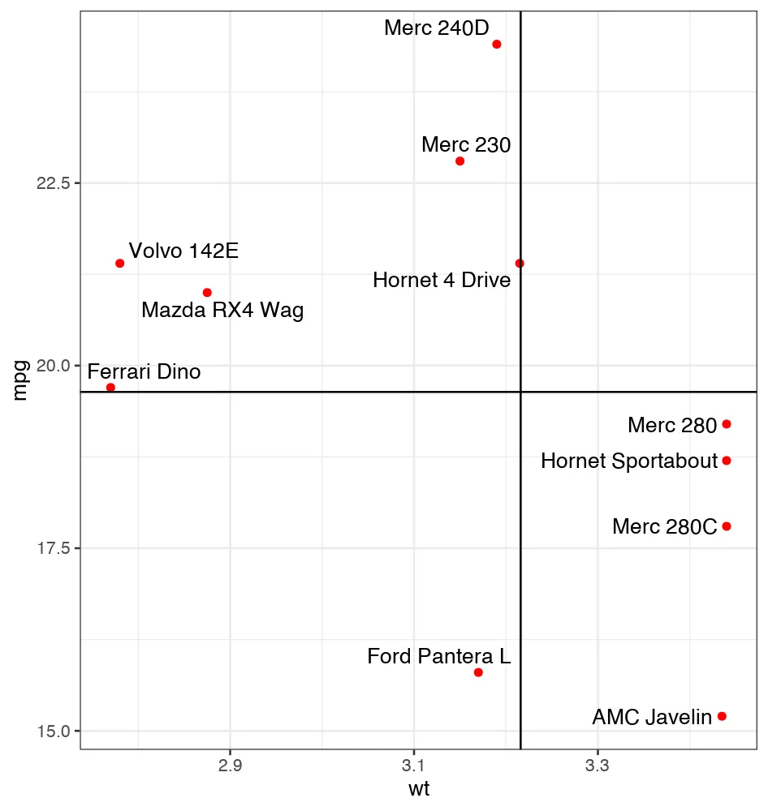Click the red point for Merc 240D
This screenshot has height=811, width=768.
(x=497, y=44)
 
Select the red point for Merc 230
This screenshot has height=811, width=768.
(x=460, y=161)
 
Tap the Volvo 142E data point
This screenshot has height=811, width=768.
(x=119, y=263)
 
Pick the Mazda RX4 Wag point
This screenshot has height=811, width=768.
(x=207, y=292)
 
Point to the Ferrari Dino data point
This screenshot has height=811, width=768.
(x=110, y=387)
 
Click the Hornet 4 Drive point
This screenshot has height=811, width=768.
(x=520, y=263)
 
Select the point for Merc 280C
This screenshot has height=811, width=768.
(x=727, y=526)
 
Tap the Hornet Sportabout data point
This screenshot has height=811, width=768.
(x=727, y=461)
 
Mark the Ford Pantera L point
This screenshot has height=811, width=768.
(x=478, y=672)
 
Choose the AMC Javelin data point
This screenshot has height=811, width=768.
(x=722, y=716)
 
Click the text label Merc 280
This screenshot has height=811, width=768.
(x=672, y=425)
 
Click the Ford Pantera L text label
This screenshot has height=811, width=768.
(x=438, y=656)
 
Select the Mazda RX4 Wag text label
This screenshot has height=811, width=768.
(x=222, y=311)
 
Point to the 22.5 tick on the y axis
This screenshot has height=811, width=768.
(x=54, y=182)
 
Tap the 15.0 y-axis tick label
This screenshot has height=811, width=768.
(x=54, y=731)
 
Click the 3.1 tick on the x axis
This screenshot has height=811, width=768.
(x=413, y=766)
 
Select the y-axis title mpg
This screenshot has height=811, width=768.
(x=22, y=380)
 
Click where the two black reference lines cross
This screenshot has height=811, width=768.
(x=520, y=392)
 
